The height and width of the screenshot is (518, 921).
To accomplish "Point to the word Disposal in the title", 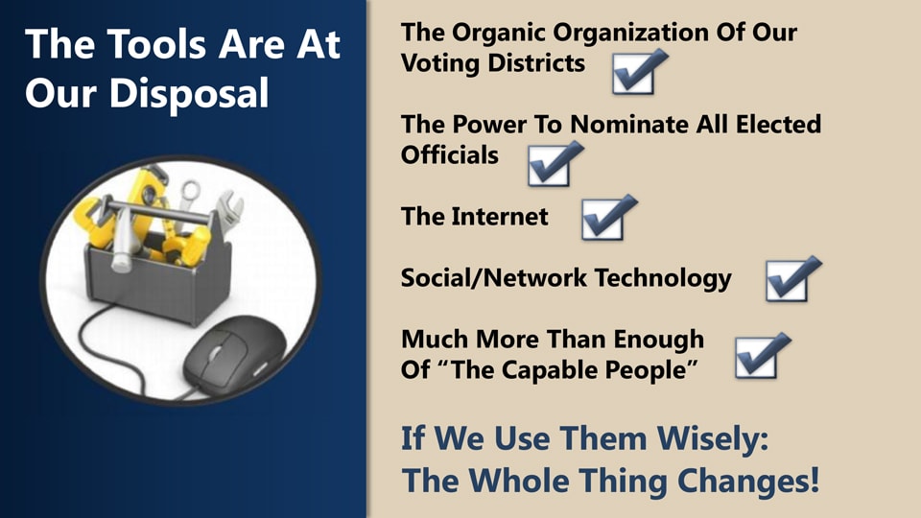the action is click(x=189, y=94).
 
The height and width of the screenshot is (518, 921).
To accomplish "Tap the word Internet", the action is click(x=500, y=217).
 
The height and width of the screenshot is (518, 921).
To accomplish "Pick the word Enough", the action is click(x=658, y=340).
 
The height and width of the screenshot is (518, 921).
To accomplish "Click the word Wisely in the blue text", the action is click(x=712, y=438).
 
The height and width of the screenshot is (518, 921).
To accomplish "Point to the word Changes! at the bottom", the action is click(x=747, y=481).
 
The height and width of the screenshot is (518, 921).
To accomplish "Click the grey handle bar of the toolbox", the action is click(x=157, y=210).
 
